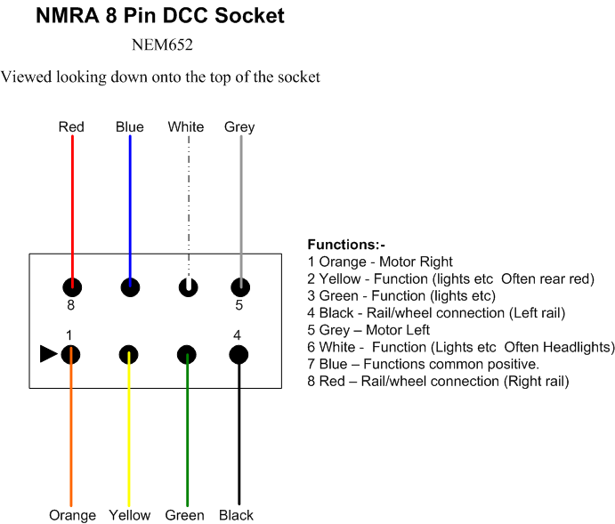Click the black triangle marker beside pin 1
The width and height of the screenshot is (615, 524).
[48, 354]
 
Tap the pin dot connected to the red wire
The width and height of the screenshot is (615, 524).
[72, 287]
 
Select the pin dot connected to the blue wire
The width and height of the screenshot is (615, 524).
[130, 287]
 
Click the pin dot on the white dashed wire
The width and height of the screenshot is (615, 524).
[189, 287]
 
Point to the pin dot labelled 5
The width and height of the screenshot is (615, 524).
[240, 287]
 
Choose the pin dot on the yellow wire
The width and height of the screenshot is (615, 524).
[129, 355]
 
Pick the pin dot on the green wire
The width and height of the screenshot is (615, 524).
[187, 355]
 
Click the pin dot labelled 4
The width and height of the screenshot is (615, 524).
[239, 355]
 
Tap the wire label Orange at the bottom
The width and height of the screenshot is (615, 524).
[73, 515]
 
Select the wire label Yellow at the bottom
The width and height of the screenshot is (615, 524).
[130, 514]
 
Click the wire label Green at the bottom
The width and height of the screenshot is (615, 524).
[185, 514]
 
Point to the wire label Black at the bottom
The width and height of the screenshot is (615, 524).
[236, 514]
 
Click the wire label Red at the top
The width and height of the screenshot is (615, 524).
[71, 126]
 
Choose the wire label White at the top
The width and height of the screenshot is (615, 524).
[186, 126]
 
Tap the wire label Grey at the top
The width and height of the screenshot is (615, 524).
[239, 127]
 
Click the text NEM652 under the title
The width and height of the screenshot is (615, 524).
[162, 44]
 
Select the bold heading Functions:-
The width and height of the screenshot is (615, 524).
[346, 244]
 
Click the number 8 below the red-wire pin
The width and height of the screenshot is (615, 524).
[70, 305]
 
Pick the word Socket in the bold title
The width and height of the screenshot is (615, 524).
[249, 16]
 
